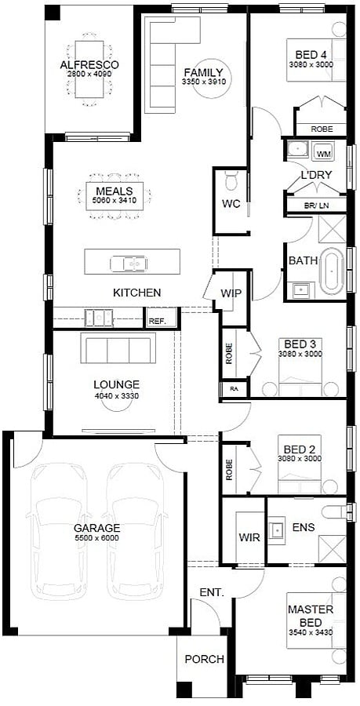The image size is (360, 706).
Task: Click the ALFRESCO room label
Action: (x=89, y=65)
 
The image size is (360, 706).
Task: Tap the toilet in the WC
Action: (x=231, y=180)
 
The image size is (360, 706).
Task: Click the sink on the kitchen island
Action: (x=129, y=263)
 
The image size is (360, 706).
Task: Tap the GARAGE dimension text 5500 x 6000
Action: (x=97, y=537)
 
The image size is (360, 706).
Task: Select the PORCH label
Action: (x=204, y=659)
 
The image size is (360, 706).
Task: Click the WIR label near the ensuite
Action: (x=249, y=537)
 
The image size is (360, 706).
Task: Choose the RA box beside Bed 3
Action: (x=235, y=389)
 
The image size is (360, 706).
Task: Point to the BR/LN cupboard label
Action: (x=317, y=206)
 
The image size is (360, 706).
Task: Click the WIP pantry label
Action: (x=231, y=293)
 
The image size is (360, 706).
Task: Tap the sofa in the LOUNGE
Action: (x=118, y=348)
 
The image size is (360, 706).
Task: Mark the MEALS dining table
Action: (x=115, y=196)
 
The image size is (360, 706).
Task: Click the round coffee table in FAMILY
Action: (x=212, y=78)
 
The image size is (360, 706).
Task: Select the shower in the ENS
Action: (x=332, y=548)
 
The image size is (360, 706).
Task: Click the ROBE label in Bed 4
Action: (x=322, y=129)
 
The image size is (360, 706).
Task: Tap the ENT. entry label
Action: (x=212, y=592)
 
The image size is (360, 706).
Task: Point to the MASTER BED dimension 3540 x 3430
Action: (x=311, y=632)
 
